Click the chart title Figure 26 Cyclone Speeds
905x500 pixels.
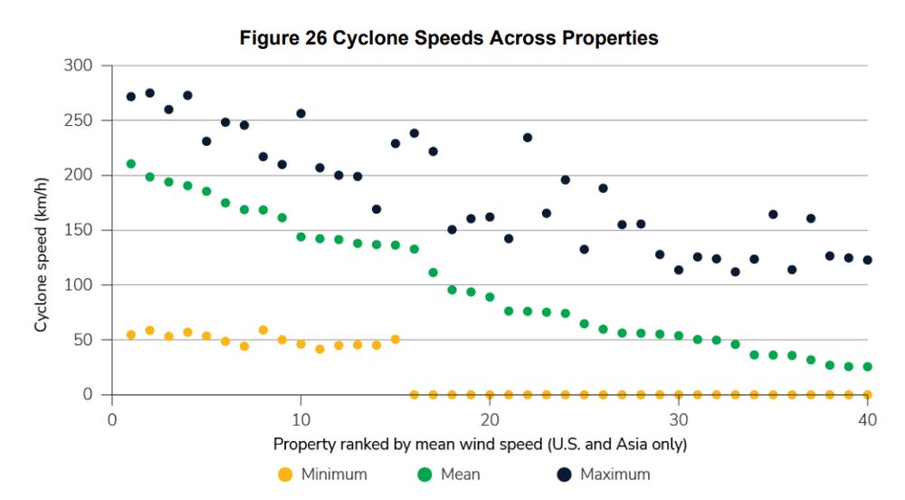point(448,38)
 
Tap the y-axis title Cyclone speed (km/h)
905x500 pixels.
point(41,230)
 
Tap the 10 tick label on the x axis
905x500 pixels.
point(300,420)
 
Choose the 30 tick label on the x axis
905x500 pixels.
point(678,420)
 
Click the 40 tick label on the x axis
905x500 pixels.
point(867,420)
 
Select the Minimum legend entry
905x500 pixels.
point(322,474)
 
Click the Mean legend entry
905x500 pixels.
point(450,474)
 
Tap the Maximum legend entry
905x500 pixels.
point(602,474)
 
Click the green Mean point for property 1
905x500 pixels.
point(131,164)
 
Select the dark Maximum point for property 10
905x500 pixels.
point(300,113)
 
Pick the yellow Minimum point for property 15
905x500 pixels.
point(395,340)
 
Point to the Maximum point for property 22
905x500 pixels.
point(528,138)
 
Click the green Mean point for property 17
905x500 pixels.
point(433,273)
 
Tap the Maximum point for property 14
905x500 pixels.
point(376,209)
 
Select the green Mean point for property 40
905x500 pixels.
point(867,367)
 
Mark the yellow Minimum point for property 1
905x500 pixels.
point(131,334)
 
